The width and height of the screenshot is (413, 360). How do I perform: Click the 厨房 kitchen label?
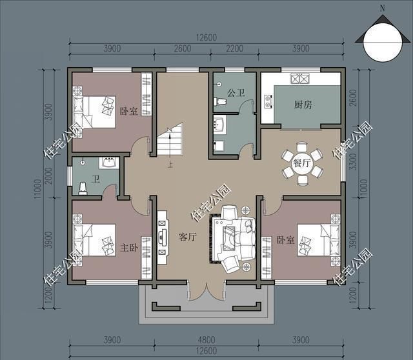[303, 105]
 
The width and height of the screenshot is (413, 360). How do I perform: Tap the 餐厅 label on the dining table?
[301, 163]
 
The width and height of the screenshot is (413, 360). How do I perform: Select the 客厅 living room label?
[188, 237]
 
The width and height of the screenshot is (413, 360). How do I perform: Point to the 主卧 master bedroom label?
[129, 248]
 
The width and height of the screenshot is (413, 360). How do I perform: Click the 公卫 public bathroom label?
[236, 93]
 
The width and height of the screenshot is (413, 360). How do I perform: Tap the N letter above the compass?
[383, 8]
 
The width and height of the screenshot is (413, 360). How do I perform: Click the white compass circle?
[383, 42]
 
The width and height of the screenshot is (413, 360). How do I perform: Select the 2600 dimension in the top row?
[183, 49]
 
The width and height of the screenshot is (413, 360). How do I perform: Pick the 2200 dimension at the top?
[234, 49]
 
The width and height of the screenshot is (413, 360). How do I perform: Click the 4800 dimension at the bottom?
[206, 340]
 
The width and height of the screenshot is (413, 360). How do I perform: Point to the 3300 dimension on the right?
[353, 162]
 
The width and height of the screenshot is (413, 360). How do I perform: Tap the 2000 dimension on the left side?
[49, 175]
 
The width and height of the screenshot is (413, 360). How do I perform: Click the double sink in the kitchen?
[299, 79]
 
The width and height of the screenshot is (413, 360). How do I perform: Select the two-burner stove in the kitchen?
[268, 101]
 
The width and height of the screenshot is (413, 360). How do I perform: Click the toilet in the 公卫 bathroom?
[220, 101]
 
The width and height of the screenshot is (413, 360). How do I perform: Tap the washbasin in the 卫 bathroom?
[109, 163]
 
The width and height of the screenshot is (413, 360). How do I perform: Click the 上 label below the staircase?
[170, 165]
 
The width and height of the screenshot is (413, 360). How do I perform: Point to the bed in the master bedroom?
[94, 239]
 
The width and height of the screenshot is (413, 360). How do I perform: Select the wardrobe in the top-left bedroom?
[146, 94]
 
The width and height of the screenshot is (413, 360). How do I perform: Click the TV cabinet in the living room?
[162, 237]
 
